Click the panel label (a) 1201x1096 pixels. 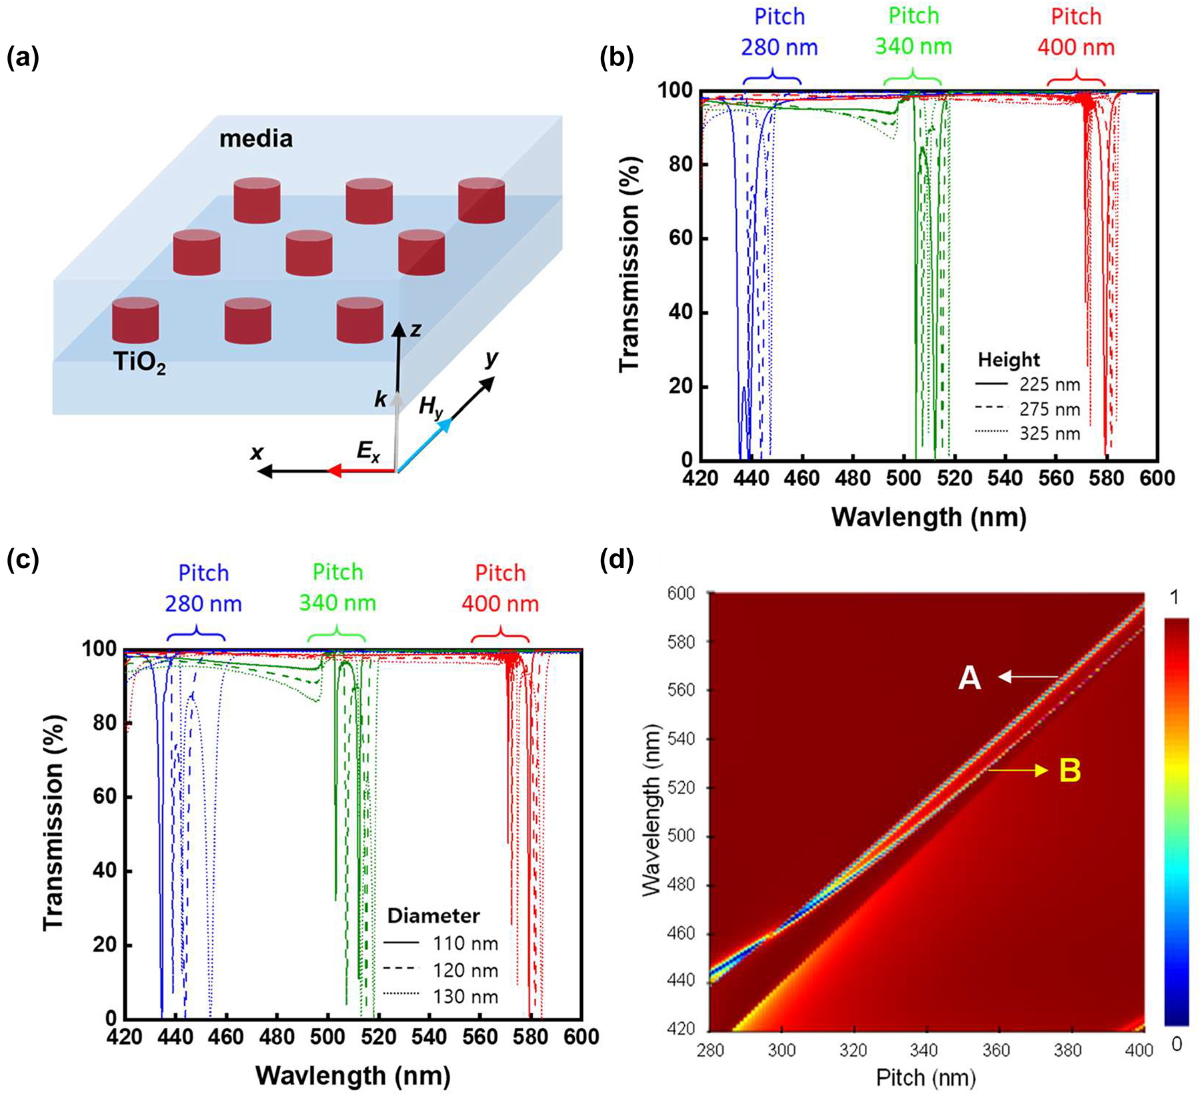pyautogui.click(x=23, y=59)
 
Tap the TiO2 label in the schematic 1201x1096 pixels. pyautogui.click(x=139, y=363)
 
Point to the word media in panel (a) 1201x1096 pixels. pyautogui.click(x=256, y=139)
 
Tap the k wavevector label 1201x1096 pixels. pyautogui.click(x=380, y=399)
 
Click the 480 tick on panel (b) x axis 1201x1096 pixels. pyautogui.click(x=854, y=478)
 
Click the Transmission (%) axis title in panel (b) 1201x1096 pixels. pyautogui.click(x=630, y=265)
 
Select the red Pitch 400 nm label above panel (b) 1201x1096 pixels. pyautogui.click(x=1076, y=32)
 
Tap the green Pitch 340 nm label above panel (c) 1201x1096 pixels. pyautogui.click(x=337, y=588)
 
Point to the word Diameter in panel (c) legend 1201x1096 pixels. pyautogui.click(x=433, y=915)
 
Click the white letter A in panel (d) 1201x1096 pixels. pyautogui.click(x=970, y=679)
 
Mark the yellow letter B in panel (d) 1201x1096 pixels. pyautogui.click(x=1070, y=771)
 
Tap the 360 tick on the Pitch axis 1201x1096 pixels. pyautogui.click(x=996, y=1051)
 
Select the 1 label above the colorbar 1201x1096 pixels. pyautogui.click(x=1174, y=597)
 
